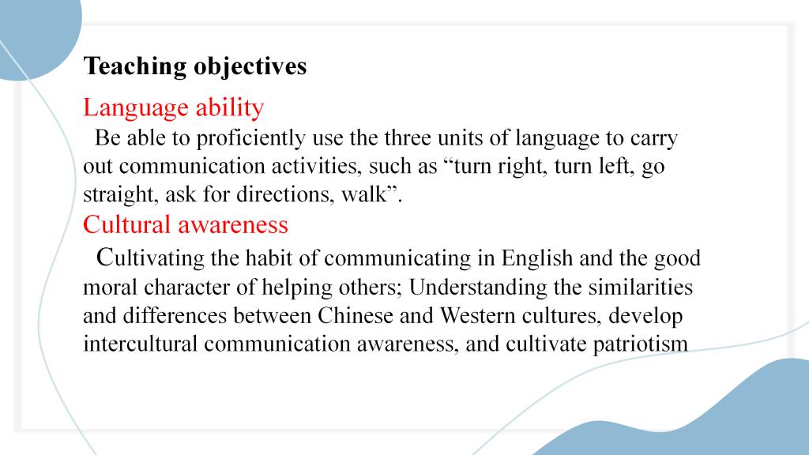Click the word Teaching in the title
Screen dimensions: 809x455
coord(135,67)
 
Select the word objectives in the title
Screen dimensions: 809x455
coord(250,67)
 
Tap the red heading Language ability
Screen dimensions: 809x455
coord(173,108)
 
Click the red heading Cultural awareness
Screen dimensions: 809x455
coord(186,225)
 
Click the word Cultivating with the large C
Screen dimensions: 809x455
coord(150,258)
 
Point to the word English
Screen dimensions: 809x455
coord(537,258)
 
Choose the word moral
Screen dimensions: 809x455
coord(111,288)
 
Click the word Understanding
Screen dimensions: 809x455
coord(478,288)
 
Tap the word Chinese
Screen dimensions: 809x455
coord(356,316)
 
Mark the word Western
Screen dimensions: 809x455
coord(477,316)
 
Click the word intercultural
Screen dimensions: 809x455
coord(141,344)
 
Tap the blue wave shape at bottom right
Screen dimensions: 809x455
coord(712,418)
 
